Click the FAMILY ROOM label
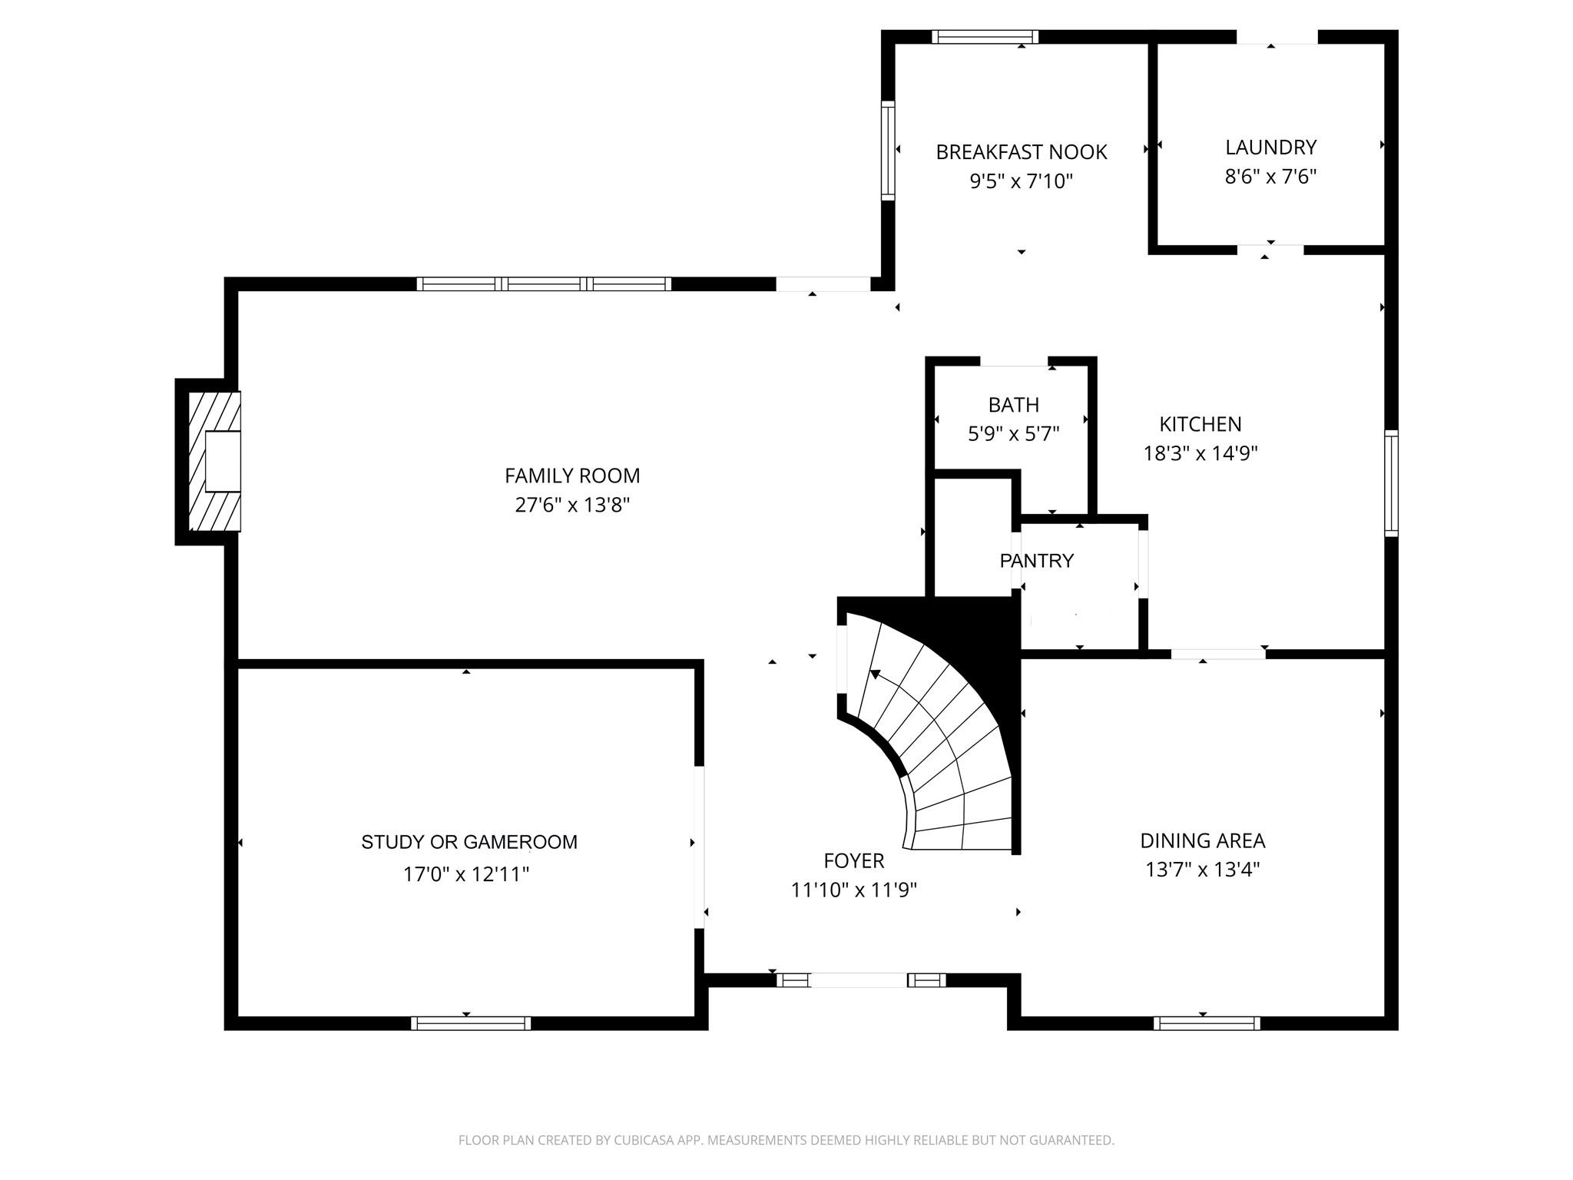click(x=572, y=476)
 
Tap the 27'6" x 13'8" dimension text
click(x=572, y=505)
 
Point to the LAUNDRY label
click(x=1271, y=147)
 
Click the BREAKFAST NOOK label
click(x=1022, y=152)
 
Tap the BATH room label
click(x=1014, y=405)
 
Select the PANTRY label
click(x=1037, y=561)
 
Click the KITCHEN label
click(x=1200, y=424)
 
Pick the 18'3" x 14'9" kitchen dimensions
click(x=1200, y=453)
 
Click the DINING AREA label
click(x=1203, y=840)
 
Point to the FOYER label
click(x=854, y=860)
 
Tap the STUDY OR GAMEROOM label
click(x=469, y=842)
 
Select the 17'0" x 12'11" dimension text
click(x=466, y=874)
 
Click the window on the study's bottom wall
click(x=471, y=1023)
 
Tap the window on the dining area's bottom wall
click(x=1207, y=1023)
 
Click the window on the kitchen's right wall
click(x=1391, y=483)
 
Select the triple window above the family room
click(x=544, y=283)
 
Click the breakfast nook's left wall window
click(x=888, y=151)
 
